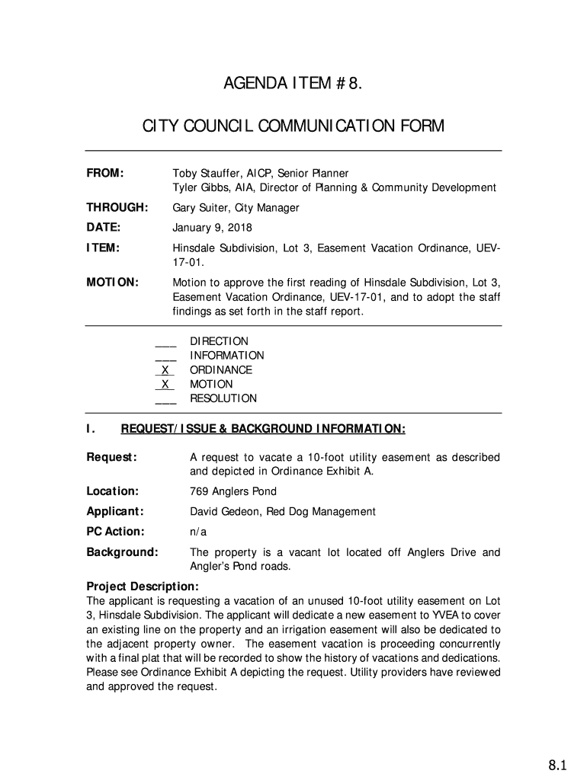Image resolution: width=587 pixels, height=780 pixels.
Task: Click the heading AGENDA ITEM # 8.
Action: pyautogui.click(x=293, y=83)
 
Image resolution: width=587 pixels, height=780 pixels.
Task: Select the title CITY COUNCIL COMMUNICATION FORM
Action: pyautogui.click(x=293, y=126)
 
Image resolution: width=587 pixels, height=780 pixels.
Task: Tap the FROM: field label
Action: pyautogui.click(x=105, y=174)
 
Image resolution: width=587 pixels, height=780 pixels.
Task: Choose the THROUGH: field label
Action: pyautogui.click(x=117, y=208)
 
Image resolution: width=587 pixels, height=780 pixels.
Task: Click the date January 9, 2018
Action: pyautogui.click(x=212, y=228)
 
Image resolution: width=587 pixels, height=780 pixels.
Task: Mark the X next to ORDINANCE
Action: pyautogui.click(x=165, y=370)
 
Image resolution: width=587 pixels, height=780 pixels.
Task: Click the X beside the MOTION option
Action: pyautogui.click(x=165, y=385)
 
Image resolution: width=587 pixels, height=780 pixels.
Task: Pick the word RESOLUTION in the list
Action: pyautogui.click(x=223, y=398)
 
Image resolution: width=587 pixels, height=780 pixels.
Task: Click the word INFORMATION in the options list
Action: pyautogui.click(x=227, y=356)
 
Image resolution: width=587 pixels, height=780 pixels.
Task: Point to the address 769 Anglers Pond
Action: pyautogui.click(x=233, y=491)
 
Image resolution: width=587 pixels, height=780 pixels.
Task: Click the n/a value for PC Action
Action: pyautogui.click(x=197, y=532)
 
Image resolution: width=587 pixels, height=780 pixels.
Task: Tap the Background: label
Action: pyautogui.click(x=122, y=552)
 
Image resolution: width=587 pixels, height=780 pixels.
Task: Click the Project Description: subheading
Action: pyautogui.click(x=143, y=587)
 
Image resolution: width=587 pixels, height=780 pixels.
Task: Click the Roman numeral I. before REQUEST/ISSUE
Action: pyautogui.click(x=91, y=430)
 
